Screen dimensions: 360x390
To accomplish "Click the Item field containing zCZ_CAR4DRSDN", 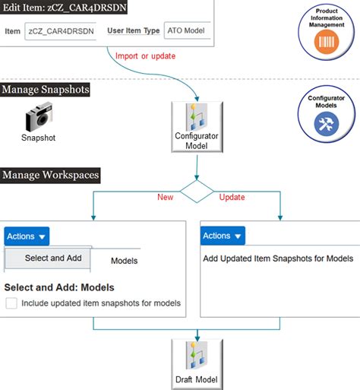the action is coord(61,31).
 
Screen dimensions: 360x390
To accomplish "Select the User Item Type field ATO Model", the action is coord(188,30).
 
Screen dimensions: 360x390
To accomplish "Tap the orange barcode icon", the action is coord(327,42).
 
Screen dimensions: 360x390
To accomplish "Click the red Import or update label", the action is coord(145,56).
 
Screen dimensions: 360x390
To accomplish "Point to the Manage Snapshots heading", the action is coord(45,90).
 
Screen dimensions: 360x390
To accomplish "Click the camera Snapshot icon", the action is coord(39,116).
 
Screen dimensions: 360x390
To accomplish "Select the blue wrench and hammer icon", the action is coord(327,124).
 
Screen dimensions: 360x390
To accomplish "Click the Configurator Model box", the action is coord(197,127).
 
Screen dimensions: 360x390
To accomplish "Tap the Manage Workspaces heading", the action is coord(50,175).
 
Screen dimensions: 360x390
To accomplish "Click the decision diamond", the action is coord(197,192).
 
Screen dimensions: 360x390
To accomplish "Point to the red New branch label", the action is coord(166,197).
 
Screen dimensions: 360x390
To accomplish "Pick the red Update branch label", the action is coord(232,197).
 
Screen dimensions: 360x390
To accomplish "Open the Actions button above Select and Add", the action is coord(27,236).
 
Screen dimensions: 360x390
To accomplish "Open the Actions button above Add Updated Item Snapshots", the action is coord(223,236).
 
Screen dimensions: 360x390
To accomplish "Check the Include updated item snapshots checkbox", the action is coord(11,303).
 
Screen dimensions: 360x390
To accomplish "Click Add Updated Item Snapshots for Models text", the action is coord(278,258).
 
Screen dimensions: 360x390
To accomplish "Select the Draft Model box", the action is coord(197,364).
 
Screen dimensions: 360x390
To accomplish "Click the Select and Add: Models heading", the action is coord(59,287).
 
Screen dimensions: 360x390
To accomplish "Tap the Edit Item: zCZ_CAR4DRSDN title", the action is coord(64,7).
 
